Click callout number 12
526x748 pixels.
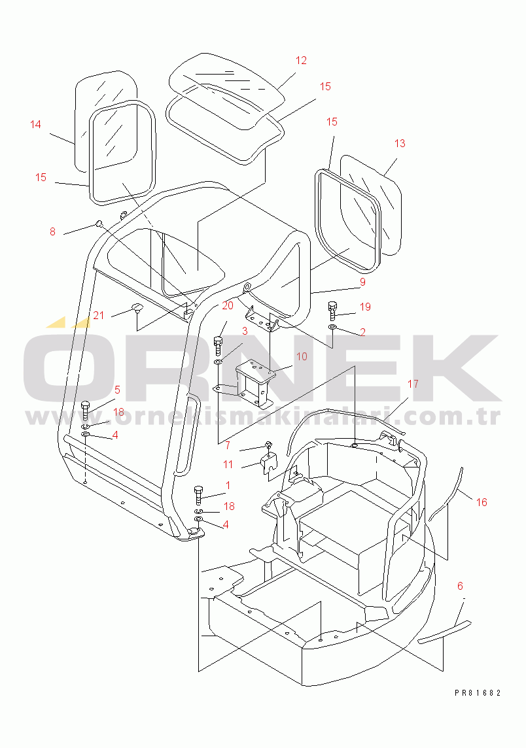[x=301, y=61]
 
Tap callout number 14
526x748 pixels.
[x=35, y=124]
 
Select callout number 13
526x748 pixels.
[x=400, y=143]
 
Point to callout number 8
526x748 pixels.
[x=52, y=232]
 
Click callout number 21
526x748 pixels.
[x=98, y=315]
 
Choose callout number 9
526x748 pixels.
[x=362, y=282]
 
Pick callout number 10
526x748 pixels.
[x=302, y=356]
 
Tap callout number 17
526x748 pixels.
[x=413, y=384]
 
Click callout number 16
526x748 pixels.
[x=482, y=502]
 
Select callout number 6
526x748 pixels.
[x=460, y=586]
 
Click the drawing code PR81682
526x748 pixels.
[x=478, y=693]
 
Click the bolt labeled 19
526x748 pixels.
[x=333, y=311]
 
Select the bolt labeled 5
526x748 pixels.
[x=86, y=411]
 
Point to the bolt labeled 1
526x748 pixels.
[x=199, y=496]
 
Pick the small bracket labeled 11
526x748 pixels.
[x=268, y=463]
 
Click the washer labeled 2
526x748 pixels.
[x=332, y=328]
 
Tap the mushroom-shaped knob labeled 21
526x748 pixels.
[x=137, y=308]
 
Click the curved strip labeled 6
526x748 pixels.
[x=444, y=632]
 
